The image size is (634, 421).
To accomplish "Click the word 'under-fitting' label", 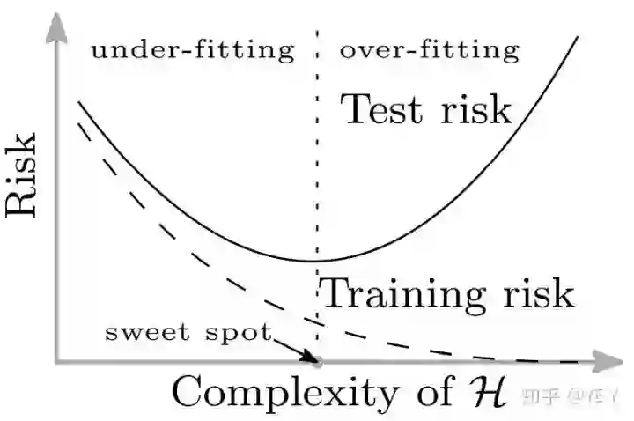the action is click(192, 50).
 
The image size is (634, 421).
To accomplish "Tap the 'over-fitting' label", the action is click(430, 50).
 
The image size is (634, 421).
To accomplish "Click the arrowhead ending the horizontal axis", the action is click(609, 361).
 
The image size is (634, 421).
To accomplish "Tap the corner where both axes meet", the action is click(57, 361).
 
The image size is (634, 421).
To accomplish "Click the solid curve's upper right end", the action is click(579, 37).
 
